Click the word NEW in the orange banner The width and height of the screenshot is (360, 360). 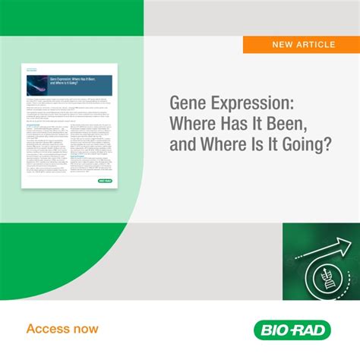pos(284,45)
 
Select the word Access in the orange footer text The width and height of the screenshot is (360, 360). pos(48,329)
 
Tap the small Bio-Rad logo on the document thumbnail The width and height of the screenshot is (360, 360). pos(106,181)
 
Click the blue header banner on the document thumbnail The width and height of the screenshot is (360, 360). pos(68,85)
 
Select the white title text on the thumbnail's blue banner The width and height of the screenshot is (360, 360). pos(73,82)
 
